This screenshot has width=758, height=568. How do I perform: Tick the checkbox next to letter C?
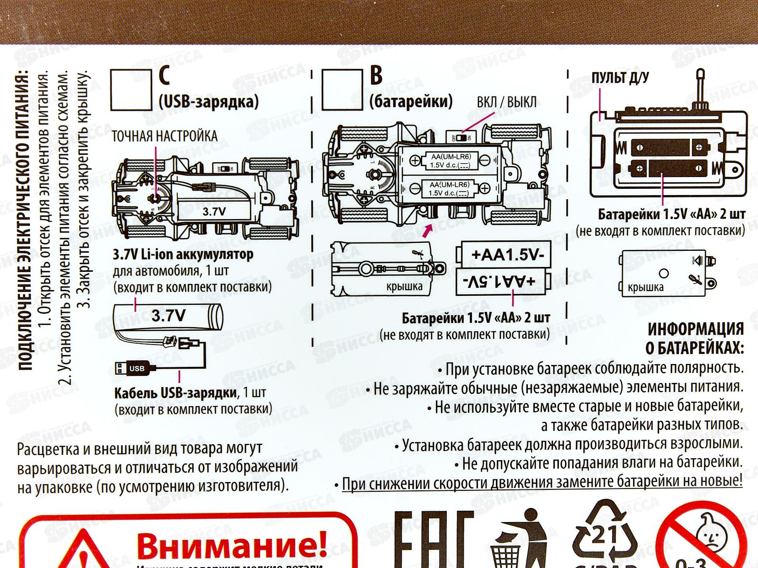click(x=131, y=90)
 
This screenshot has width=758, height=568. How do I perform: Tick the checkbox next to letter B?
click(x=342, y=90)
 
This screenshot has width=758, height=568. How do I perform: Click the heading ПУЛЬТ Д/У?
click(x=620, y=78)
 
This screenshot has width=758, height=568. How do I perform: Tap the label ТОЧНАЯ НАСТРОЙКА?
click(x=164, y=136)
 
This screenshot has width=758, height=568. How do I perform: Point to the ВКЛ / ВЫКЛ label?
click(x=506, y=102)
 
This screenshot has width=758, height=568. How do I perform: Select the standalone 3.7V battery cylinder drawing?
click(x=168, y=316)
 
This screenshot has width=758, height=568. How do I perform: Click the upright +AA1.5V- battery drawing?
click(x=504, y=255)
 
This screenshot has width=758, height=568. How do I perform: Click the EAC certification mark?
click(x=433, y=540)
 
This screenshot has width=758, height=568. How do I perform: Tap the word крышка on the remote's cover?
click(x=645, y=288)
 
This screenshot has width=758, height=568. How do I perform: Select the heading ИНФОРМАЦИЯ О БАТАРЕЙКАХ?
click(x=695, y=338)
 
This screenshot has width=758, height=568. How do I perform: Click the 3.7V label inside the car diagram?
click(x=214, y=212)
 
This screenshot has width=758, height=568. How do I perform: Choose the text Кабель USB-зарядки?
click(x=175, y=393)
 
